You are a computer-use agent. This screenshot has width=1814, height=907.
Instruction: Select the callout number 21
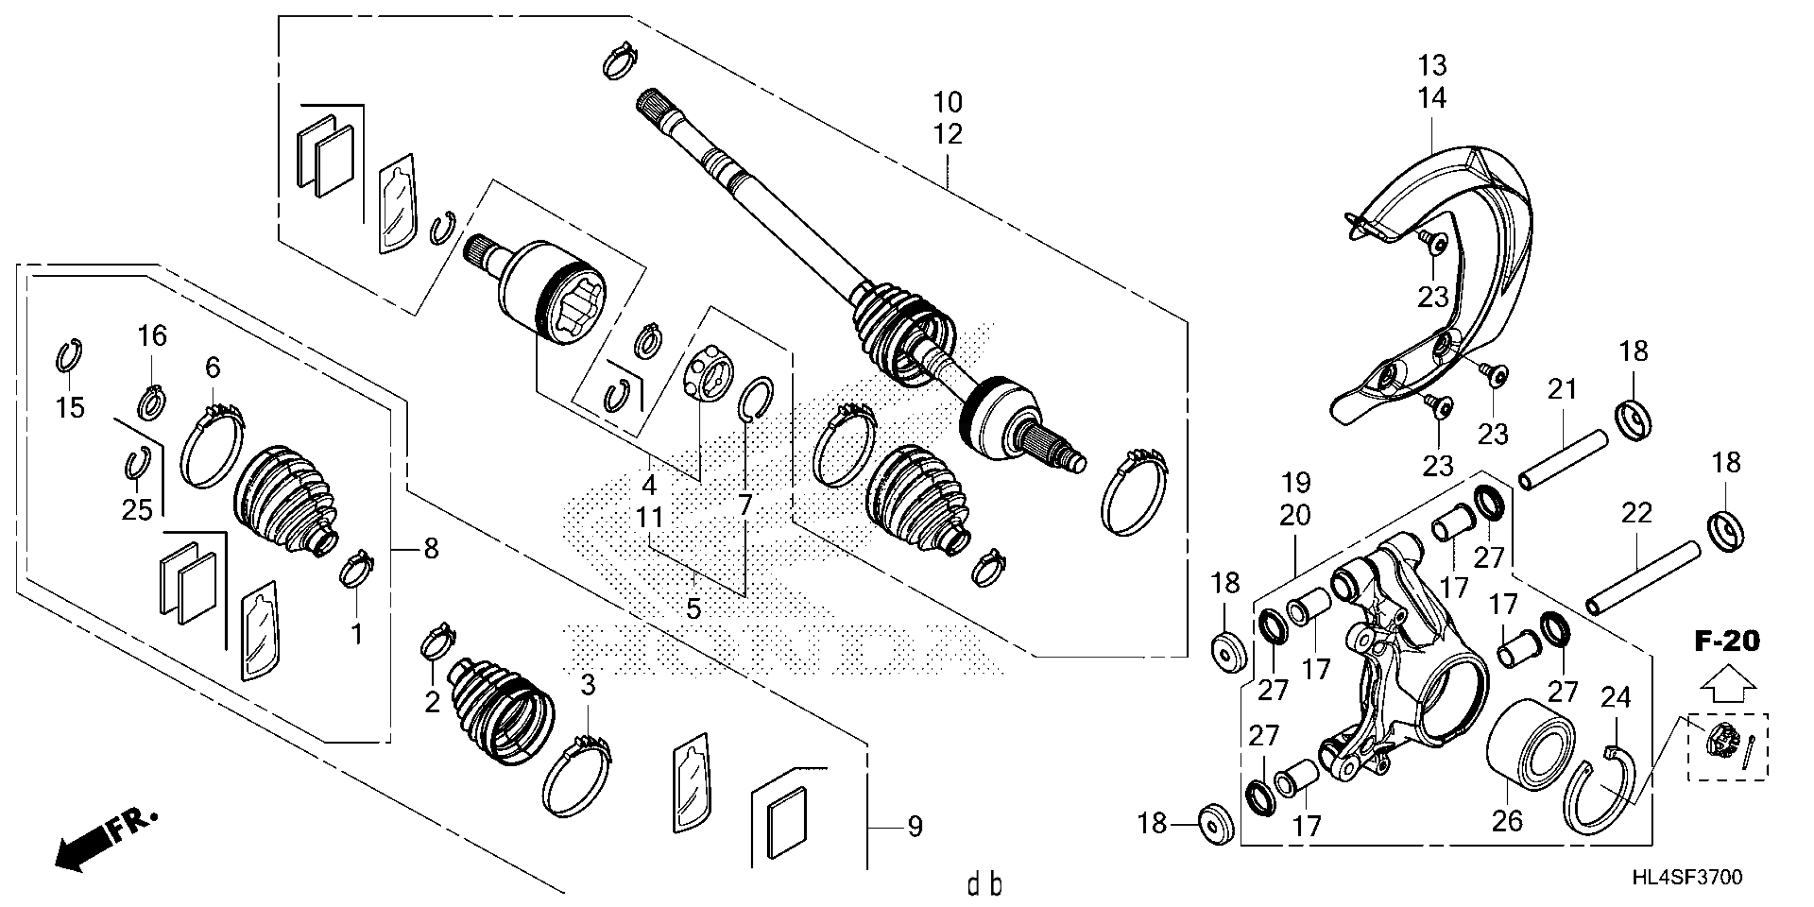click(x=1561, y=389)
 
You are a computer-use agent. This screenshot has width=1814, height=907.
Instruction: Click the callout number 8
click(x=431, y=548)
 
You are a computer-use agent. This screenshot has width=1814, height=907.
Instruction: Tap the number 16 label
click(x=152, y=336)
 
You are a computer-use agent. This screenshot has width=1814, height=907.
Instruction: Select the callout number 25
click(x=137, y=510)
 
